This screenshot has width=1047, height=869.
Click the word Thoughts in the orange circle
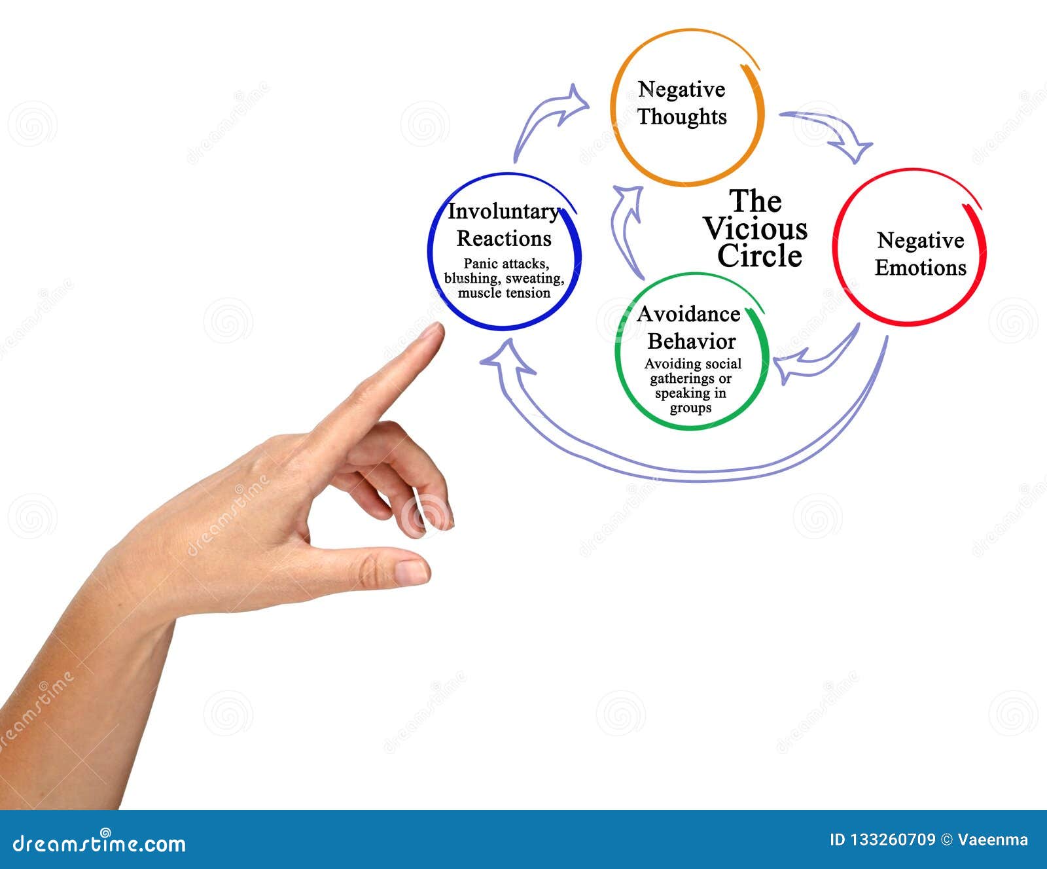(682, 117)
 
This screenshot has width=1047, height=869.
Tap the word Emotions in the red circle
(921, 268)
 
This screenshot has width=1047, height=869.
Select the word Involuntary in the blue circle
(503, 211)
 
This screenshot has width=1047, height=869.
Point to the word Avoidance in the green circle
(688, 314)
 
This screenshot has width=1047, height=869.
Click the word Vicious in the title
(755, 228)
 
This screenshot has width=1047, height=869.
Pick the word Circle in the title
(759, 256)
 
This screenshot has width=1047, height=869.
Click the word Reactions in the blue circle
(504, 239)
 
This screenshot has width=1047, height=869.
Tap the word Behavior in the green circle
(692, 342)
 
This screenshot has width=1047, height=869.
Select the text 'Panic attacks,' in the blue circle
(506, 264)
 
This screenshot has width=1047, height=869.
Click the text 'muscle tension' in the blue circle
(504, 293)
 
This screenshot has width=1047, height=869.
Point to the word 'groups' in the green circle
(690, 408)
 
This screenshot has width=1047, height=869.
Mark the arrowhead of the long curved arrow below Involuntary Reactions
(507, 359)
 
